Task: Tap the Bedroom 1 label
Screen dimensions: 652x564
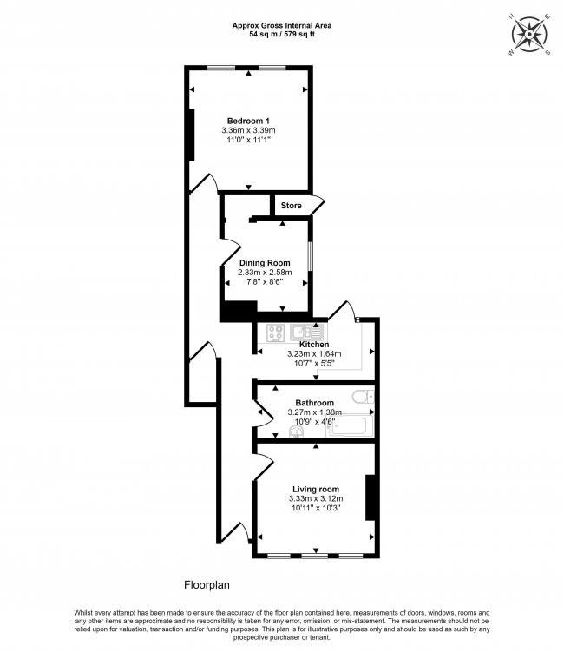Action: tap(248, 120)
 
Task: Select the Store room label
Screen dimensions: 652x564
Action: tap(291, 206)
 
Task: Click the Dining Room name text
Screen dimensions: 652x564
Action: tap(265, 262)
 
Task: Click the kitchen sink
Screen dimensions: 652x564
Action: tap(308, 332)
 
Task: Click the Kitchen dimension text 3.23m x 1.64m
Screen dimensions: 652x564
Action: tap(314, 354)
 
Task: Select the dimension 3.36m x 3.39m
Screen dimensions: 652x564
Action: tap(248, 131)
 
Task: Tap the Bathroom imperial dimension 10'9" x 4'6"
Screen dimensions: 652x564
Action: tap(314, 422)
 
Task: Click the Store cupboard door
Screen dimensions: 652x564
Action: tap(318, 207)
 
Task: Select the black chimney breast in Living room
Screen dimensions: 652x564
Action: tap(371, 497)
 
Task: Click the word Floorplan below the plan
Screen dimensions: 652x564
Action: tap(207, 585)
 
